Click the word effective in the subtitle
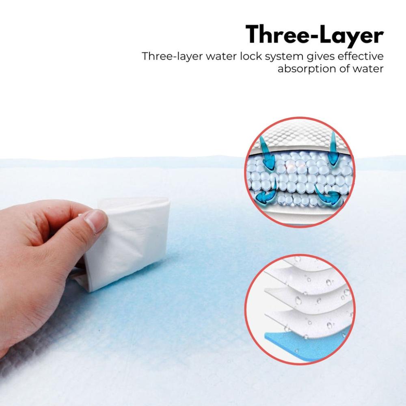coord(361,56)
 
